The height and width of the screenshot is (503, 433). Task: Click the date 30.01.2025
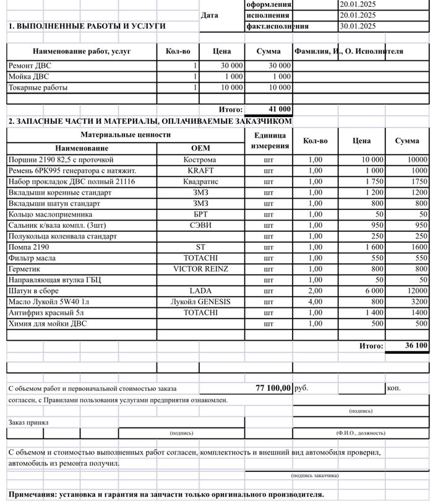click(x=358, y=26)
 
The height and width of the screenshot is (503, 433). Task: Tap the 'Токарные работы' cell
click(x=38, y=88)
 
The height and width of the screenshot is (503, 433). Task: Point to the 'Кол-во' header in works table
click(x=178, y=51)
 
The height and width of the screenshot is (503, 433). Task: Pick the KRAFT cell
click(x=201, y=170)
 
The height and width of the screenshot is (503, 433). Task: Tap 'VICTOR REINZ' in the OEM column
click(x=201, y=269)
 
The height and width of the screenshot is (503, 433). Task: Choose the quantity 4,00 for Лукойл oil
click(x=315, y=302)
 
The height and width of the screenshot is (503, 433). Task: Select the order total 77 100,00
click(x=273, y=388)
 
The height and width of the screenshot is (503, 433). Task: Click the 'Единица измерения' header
click(x=270, y=141)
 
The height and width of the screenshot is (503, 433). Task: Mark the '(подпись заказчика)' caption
click(x=315, y=476)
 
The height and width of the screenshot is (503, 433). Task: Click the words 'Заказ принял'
click(x=28, y=422)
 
